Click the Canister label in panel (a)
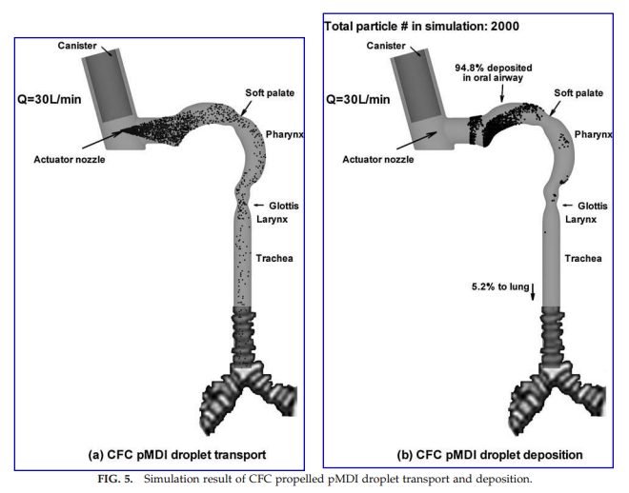tap(77, 46)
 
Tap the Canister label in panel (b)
tap(386, 46)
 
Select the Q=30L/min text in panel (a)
tap(49, 99)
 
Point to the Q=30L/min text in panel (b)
tap(357, 99)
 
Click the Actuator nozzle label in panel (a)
tap(70, 159)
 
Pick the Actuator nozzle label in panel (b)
tap(378, 159)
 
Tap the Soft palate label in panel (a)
tap(270, 93)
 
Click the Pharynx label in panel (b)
tap(594, 134)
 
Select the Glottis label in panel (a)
tap(284, 206)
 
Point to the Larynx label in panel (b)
tap(580, 220)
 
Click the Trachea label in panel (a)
tap(274, 258)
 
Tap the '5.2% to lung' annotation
tap(500, 286)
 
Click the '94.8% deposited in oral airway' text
tap(494, 72)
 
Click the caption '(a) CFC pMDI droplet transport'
tap(177, 455)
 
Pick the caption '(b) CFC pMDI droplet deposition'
tap(490, 455)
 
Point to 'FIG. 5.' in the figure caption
tap(114, 479)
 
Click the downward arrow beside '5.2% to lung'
tap(533, 291)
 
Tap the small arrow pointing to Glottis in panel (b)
tap(567, 206)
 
